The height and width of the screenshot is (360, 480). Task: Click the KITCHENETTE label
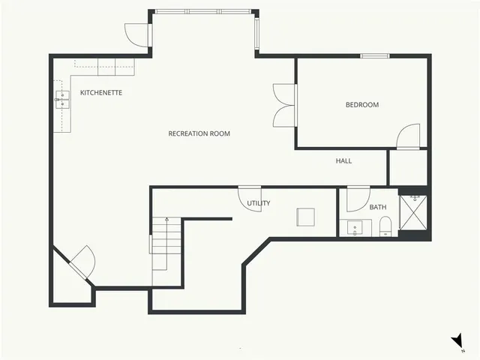click(101, 92)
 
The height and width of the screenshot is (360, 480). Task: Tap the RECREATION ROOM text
click(199, 133)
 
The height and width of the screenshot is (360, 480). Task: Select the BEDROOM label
click(362, 105)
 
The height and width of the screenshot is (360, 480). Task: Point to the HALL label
click(343, 160)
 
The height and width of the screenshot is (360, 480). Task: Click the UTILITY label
click(259, 203)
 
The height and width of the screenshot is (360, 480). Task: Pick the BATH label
click(378, 207)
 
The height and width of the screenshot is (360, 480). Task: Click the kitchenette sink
click(60, 99)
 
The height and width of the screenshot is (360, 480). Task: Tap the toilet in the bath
click(385, 226)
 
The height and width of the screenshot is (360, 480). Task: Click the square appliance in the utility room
click(305, 217)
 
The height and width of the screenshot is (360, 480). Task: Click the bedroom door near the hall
click(409, 136)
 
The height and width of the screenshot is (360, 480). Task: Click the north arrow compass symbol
click(457, 342)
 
